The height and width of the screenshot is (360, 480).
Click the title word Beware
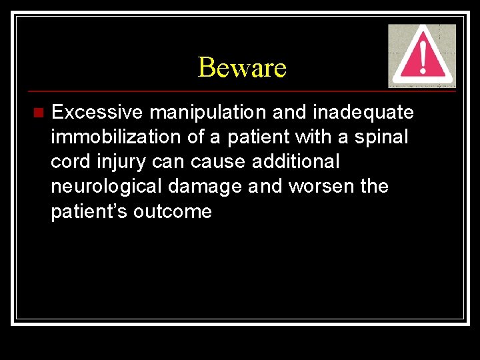coord(242,67)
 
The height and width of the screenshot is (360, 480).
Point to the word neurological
coord(106,187)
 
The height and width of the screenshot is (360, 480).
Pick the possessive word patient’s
coord(89,212)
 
